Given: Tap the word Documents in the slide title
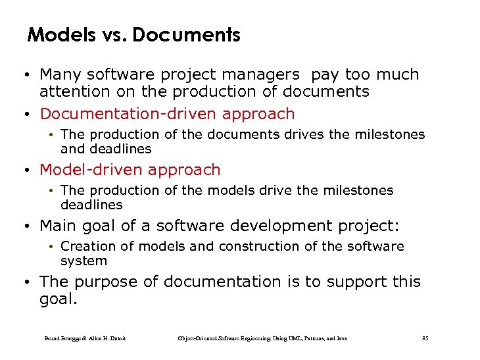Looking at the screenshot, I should point(186,34).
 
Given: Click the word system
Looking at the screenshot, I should point(83,261).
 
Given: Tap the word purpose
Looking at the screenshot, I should point(107,282).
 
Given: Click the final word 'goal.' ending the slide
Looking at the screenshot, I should point(59,299).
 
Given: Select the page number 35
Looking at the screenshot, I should point(425,338).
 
